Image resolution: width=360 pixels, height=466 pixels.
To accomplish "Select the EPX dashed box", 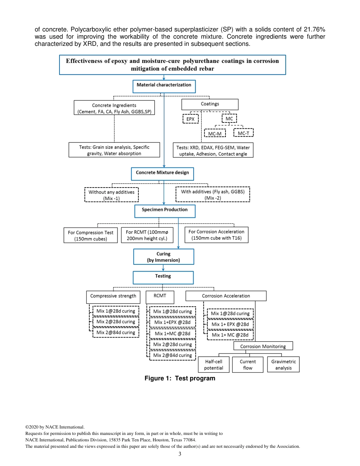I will pos(190,119).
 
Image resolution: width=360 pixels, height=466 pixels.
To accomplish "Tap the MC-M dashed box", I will pos(214,133).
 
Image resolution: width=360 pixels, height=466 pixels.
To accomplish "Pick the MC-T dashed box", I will pos(243,133).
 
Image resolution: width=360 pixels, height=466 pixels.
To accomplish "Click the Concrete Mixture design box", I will pos(163,174).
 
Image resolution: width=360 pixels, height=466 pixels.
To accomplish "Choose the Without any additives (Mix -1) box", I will pos(111,195).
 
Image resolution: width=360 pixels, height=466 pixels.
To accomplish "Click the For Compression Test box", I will pos(91,235).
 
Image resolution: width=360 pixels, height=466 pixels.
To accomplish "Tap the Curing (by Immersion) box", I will pos(163,256).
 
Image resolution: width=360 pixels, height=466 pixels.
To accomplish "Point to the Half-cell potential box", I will pos(214,364).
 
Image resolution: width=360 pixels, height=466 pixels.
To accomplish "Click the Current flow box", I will pos(247,364).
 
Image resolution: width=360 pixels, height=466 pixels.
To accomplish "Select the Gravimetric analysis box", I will pos(283,364).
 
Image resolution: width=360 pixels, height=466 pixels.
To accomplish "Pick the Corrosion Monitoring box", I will pos(263,346).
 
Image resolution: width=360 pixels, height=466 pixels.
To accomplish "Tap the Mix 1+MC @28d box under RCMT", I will pos(172,334).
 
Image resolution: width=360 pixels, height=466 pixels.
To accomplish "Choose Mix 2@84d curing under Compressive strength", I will pos(116,332).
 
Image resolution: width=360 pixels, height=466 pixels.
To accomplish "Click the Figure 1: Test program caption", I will pos(180,378).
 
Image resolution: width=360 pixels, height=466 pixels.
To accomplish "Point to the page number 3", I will pos(180,454).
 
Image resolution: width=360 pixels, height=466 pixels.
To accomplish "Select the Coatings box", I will pos(210,104).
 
